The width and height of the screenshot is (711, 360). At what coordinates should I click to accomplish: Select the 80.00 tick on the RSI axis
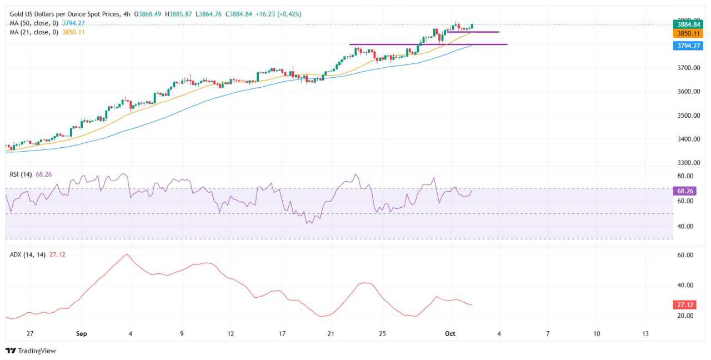pos(685,177)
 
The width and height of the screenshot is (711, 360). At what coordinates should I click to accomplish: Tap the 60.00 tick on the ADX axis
pos(685,256)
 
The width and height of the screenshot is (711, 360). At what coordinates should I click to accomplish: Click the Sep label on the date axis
pos(82,334)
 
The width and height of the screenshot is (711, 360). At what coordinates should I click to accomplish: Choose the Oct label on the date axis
pos(450,334)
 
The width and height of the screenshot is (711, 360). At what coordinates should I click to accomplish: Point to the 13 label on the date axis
pos(645,334)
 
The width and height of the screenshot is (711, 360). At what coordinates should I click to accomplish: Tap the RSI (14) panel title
pos(21,174)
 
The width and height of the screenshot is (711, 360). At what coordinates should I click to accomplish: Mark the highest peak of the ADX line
pos(127,254)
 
